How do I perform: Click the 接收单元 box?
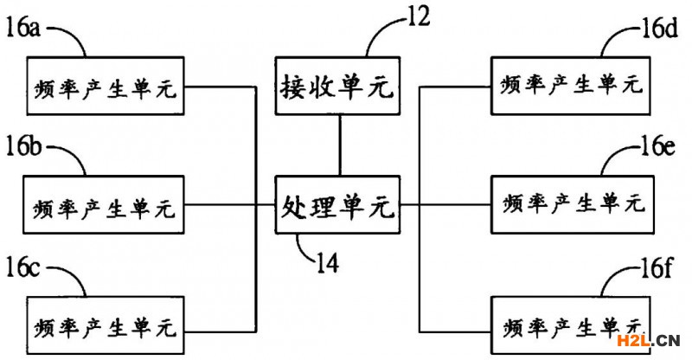(x=337, y=86)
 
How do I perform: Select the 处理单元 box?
(x=337, y=204)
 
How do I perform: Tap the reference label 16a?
(x=23, y=29)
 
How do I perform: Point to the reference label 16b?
(x=23, y=146)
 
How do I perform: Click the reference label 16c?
(x=23, y=267)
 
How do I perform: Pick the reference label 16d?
(x=659, y=29)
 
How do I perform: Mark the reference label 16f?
(x=656, y=267)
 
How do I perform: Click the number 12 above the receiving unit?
(x=418, y=16)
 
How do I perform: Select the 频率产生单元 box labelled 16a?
(x=106, y=86)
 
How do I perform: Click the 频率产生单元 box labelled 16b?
(x=104, y=204)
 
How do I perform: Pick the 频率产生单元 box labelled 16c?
(x=106, y=325)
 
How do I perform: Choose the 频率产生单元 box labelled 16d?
(x=571, y=86)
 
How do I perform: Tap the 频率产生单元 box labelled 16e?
(x=573, y=204)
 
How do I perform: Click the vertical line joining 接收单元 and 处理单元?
(x=339, y=145)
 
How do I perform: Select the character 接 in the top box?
(x=293, y=87)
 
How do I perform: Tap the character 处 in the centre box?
(x=294, y=206)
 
